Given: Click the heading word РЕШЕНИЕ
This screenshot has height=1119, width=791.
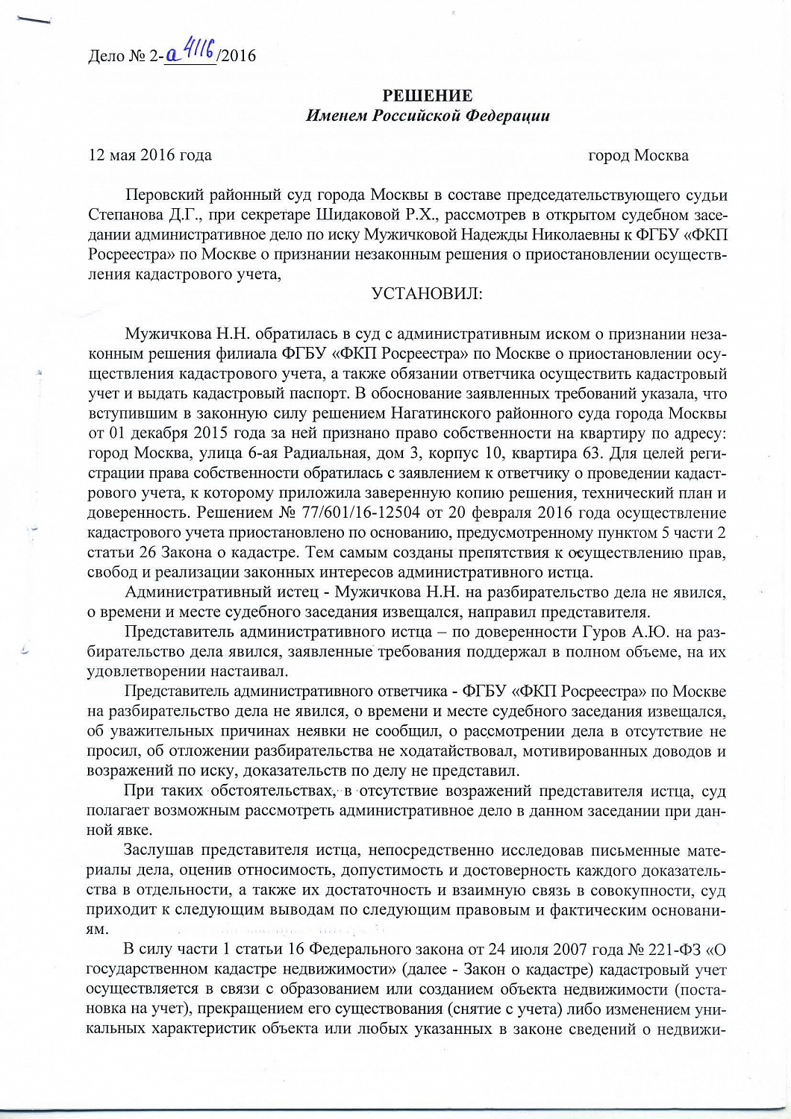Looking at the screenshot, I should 427,96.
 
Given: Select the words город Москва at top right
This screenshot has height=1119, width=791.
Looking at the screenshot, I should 638,156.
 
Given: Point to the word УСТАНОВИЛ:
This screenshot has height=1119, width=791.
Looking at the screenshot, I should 427,294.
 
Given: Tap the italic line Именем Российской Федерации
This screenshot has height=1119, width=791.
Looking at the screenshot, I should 428,116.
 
